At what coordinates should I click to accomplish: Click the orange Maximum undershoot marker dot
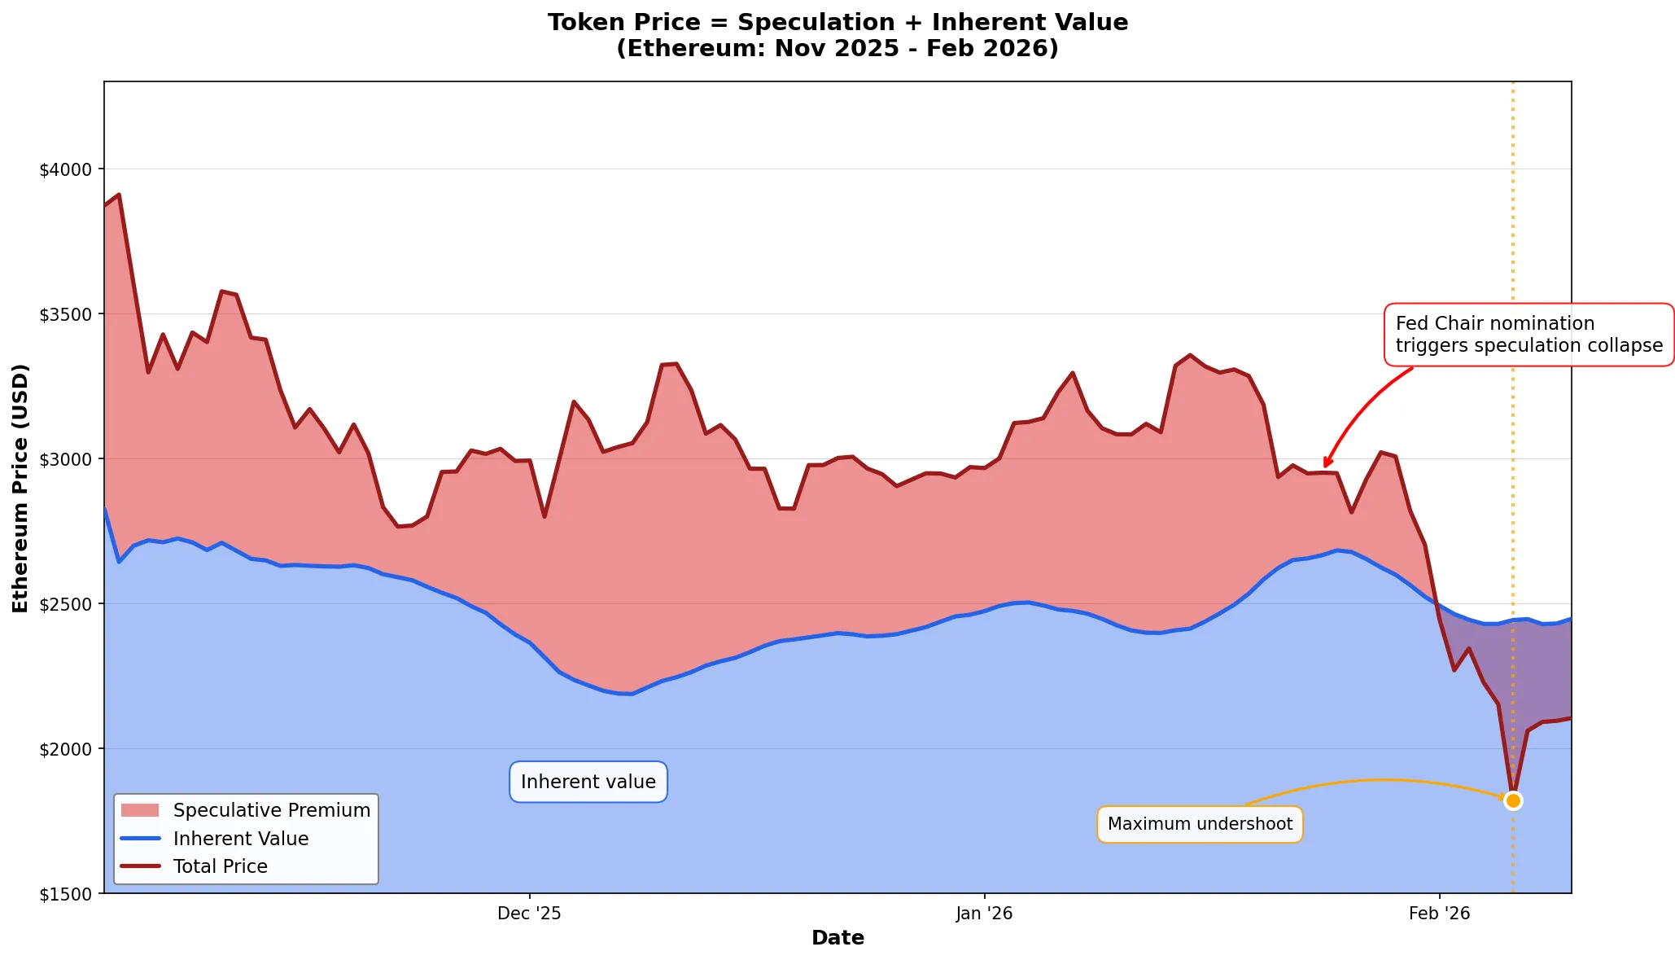point(1513,800)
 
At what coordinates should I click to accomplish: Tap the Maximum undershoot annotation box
point(1200,824)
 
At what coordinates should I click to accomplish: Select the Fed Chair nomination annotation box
point(1528,335)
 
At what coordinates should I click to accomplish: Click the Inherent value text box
point(588,782)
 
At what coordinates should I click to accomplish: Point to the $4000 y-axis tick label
point(67,170)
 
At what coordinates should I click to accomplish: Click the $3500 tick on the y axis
point(67,314)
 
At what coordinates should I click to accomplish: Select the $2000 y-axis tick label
point(67,749)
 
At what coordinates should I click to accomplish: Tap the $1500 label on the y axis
point(67,894)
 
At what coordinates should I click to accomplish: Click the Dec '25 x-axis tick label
point(529,914)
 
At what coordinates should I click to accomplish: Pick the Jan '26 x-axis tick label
point(984,914)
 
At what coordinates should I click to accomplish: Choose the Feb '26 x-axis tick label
point(1439,914)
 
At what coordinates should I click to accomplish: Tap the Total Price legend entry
point(220,866)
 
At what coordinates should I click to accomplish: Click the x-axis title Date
point(837,938)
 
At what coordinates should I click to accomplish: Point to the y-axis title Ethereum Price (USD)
point(20,488)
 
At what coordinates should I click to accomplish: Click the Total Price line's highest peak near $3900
point(119,195)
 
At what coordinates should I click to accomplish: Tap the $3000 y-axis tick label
point(67,459)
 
